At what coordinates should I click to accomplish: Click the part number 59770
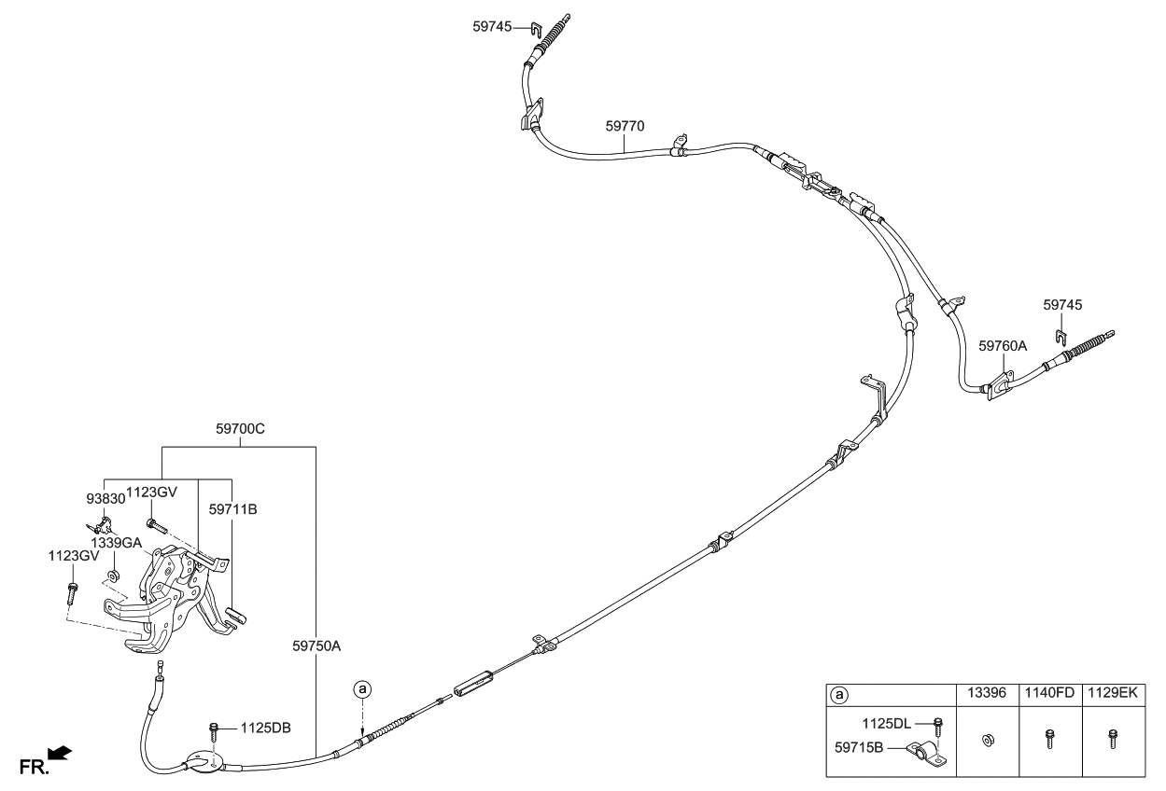(x=625, y=125)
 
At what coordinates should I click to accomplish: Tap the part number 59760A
(x=1003, y=345)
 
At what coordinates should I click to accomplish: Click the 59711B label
(x=232, y=509)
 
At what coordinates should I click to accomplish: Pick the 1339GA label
(x=116, y=542)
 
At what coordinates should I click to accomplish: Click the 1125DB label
(x=266, y=728)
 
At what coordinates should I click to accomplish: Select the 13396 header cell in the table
(x=987, y=694)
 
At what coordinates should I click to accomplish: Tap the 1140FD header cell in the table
(x=1050, y=694)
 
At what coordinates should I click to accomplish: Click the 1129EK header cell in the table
(x=1113, y=694)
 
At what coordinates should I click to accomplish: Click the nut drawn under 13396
(x=987, y=742)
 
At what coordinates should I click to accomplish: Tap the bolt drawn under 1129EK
(x=1112, y=740)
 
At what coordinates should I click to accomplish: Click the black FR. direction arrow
(x=59, y=752)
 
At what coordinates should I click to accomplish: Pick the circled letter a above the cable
(x=362, y=689)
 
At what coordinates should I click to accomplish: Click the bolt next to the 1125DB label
(x=216, y=728)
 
